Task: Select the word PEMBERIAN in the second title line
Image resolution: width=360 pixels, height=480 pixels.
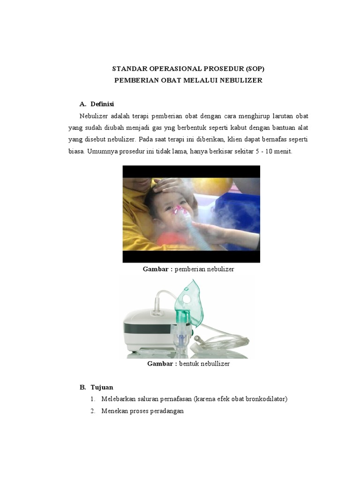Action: click(135, 80)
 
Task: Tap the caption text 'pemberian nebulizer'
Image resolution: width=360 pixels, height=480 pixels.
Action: click(204, 269)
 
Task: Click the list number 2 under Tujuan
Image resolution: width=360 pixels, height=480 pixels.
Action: click(93, 411)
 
